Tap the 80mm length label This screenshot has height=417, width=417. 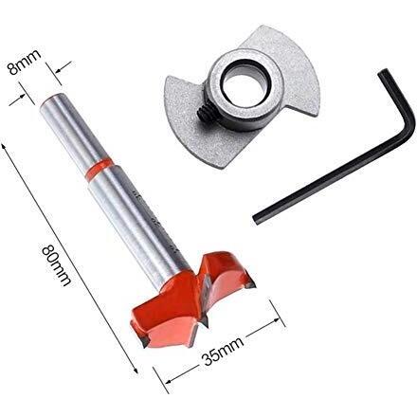(56, 266)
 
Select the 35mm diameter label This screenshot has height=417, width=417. (224, 350)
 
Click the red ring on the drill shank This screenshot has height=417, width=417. (100, 170)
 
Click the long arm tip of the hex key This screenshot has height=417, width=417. (257, 220)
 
